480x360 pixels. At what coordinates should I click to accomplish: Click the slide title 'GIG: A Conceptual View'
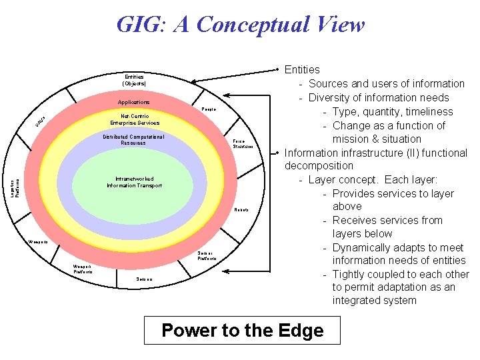tap(240, 25)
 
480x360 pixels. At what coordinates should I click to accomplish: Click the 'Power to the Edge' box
tap(242, 331)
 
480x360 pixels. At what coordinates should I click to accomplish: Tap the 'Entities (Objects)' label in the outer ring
tap(134, 81)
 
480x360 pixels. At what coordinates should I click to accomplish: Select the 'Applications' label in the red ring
tap(134, 102)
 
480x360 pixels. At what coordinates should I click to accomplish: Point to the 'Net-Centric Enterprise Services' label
tap(135, 119)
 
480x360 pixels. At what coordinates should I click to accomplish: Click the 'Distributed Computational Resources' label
tap(133, 140)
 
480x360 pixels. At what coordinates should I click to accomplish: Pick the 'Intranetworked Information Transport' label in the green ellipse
tap(134, 182)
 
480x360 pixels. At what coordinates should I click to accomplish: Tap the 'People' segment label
tap(209, 109)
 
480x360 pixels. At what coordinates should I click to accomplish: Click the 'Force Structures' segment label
tap(243, 144)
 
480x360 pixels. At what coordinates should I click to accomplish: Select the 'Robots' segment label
tap(241, 209)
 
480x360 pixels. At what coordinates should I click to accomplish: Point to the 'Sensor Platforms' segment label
tap(206, 255)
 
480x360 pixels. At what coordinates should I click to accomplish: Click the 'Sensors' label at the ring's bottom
tap(144, 279)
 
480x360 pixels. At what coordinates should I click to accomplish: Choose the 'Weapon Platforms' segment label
tap(83, 269)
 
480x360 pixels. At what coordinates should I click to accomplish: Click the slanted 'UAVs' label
tap(41, 121)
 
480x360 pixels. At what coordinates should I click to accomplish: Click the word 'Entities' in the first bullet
tap(302, 69)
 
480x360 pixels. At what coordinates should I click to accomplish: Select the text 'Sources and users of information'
tap(387, 83)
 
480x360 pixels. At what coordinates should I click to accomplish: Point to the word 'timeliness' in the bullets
tap(428, 111)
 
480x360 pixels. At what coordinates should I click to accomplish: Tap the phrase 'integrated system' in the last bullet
tap(374, 301)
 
